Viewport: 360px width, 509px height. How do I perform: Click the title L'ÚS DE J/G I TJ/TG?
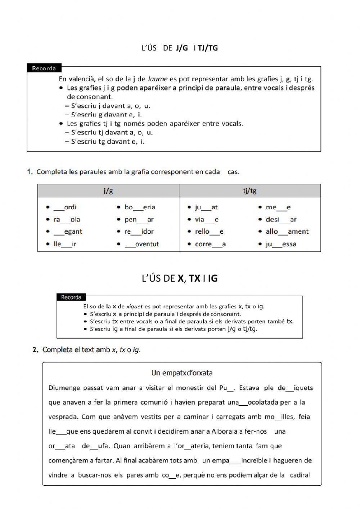tap(180, 48)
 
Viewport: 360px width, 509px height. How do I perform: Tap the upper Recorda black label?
tap(44, 68)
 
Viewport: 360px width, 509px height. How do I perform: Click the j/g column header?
tap(108, 191)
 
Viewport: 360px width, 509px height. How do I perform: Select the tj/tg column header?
tap(249, 191)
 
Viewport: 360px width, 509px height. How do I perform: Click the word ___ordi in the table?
tap(65, 207)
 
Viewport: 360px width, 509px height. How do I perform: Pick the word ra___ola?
tap(67, 219)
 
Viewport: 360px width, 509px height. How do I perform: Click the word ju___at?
tap(206, 207)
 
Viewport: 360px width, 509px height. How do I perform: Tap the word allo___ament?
tap(287, 232)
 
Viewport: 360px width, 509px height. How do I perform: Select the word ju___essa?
tap(281, 244)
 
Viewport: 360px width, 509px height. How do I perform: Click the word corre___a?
tap(210, 244)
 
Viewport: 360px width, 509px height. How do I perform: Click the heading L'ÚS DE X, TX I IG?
tap(180, 278)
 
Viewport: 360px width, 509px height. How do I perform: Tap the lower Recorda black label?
tap(71, 297)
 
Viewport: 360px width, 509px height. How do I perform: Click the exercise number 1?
tap(30, 172)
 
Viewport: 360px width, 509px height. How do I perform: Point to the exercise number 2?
tap(35, 350)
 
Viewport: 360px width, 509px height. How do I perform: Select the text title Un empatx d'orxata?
tap(182, 373)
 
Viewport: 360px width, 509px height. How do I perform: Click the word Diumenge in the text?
tap(64, 388)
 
